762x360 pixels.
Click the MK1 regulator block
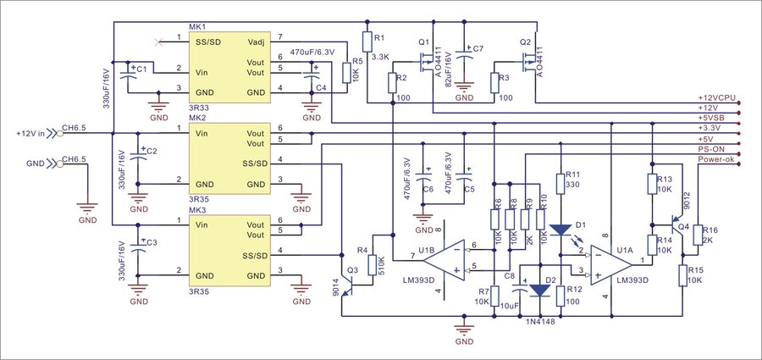coord(229,69)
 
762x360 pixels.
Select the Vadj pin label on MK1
coord(257,40)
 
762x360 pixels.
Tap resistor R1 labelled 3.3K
coord(366,42)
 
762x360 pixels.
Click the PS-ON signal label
coord(715,147)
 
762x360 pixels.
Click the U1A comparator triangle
coord(611,262)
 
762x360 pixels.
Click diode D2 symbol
coord(540,290)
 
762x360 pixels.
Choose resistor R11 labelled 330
coord(560,186)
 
